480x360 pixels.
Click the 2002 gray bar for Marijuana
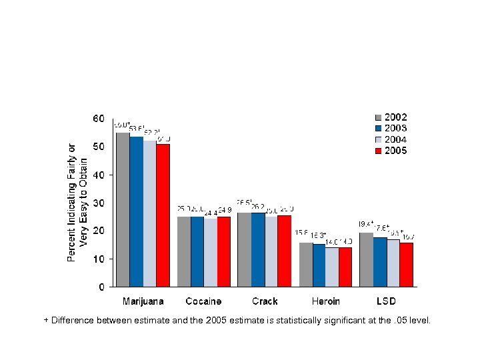(123, 209)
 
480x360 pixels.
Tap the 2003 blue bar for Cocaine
(197, 251)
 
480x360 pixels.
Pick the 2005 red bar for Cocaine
(224, 251)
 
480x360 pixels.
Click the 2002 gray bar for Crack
(244, 249)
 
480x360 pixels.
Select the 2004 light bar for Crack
(271, 251)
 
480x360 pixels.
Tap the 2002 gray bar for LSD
(366, 259)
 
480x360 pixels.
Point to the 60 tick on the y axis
(98, 119)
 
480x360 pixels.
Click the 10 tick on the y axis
(98, 259)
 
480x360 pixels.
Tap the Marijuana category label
(143, 301)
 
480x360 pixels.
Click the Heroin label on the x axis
(325, 301)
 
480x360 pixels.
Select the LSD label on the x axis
(386, 301)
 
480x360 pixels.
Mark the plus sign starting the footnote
(46, 321)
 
